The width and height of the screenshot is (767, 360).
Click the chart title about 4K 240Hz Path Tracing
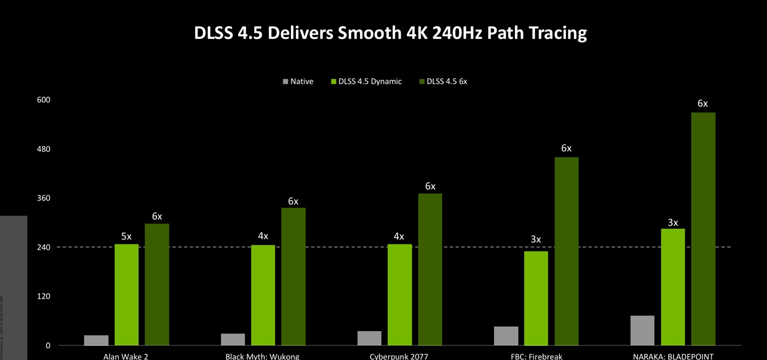tap(390, 33)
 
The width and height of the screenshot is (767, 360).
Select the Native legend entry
tap(298, 81)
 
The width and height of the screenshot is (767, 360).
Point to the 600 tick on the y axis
tap(43, 100)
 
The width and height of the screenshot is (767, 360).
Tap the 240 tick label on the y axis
tap(43, 247)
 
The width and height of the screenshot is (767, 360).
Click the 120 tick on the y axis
tap(43, 297)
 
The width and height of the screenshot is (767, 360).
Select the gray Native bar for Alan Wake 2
tap(96, 341)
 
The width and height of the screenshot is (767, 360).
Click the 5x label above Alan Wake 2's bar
tap(126, 236)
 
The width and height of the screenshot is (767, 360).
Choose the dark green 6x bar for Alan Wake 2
tap(157, 284)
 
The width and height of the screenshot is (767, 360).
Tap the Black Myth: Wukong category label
tap(262, 356)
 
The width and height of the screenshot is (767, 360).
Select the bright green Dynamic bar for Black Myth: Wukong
tap(263, 295)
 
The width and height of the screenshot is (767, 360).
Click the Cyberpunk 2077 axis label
tap(399, 356)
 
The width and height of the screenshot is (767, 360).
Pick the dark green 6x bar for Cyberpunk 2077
tap(430, 269)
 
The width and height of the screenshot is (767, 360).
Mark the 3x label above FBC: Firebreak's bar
tap(536, 239)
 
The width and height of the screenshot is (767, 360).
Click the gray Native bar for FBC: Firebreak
tap(506, 336)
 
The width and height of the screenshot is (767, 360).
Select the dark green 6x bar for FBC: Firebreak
tap(567, 251)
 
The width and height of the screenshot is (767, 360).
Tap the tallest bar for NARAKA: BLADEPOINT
tap(703, 229)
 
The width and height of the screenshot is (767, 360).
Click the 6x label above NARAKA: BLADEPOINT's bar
tap(703, 104)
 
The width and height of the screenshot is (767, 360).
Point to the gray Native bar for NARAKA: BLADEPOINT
tap(642, 330)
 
